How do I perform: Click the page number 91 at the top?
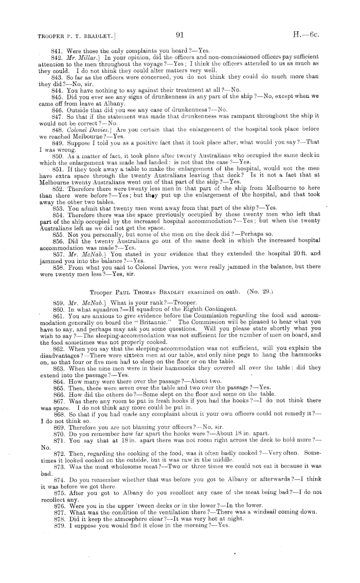pos(179,36)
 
